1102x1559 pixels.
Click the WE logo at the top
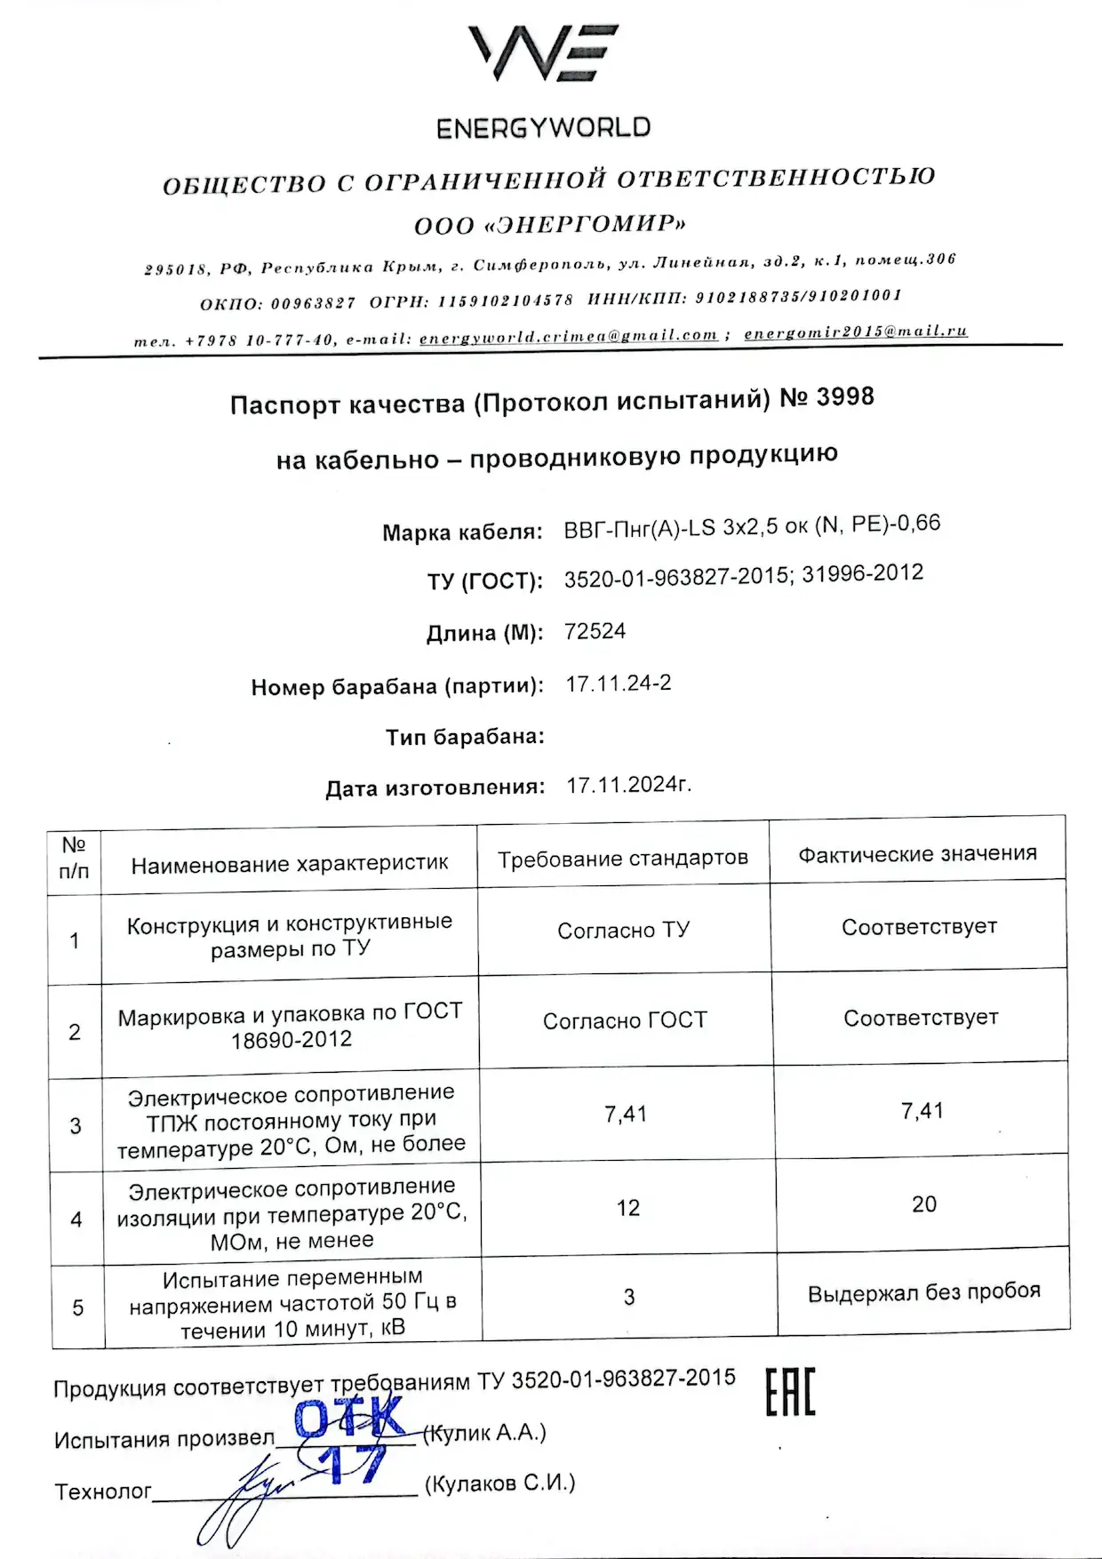tap(543, 52)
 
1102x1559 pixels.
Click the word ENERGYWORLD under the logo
tap(543, 128)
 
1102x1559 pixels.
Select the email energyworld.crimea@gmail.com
tap(568, 337)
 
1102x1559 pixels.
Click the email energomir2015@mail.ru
tap(855, 332)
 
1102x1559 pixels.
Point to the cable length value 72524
tap(595, 631)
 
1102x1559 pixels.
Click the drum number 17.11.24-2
tap(619, 684)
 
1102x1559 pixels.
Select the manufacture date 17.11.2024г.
tap(628, 785)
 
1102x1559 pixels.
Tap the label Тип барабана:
tap(465, 737)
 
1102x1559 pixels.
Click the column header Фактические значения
tap(917, 854)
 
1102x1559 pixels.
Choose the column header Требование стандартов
tap(622, 859)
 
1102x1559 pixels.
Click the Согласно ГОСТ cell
tap(625, 1020)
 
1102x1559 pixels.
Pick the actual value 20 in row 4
tap(923, 1204)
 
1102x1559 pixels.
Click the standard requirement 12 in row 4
tap(627, 1208)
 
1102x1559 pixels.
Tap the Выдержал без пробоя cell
tap(923, 1292)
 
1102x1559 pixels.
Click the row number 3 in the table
tap(76, 1126)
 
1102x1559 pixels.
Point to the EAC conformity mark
tap(790, 1392)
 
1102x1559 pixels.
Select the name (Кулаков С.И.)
tap(499, 1483)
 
